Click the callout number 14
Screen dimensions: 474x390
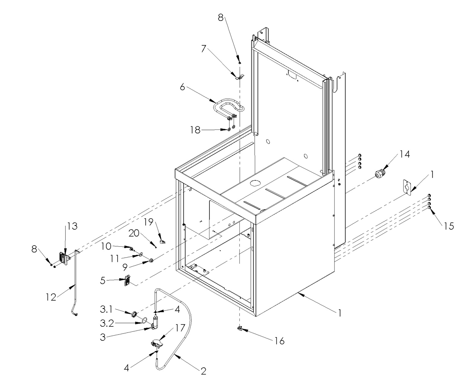click(x=404, y=154)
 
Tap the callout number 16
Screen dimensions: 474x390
click(x=280, y=341)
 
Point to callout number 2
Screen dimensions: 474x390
click(x=203, y=371)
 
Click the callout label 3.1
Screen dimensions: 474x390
click(x=106, y=310)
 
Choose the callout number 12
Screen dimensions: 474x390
click(x=51, y=297)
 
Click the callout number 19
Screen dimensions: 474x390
click(x=149, y=222)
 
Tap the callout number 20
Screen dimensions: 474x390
click(x=134, y=233)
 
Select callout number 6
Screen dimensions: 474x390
click(x=182, y=87)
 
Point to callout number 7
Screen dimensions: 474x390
click(x=204, y=49)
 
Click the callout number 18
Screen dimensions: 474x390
click(x=195, y=130)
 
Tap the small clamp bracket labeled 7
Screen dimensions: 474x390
click(x=239, y=77)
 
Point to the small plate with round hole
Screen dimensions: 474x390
click(x=407, y=186)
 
